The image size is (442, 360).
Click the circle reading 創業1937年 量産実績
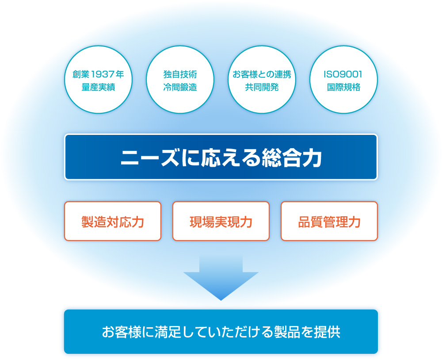coord(99,80)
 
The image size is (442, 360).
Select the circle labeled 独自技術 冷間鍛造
coord(180,80)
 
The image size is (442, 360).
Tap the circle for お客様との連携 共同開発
coord(262,80)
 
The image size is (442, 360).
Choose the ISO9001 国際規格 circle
coord(343,80)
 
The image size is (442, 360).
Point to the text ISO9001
coord(343,74)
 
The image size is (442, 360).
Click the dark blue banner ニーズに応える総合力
coord(221,157)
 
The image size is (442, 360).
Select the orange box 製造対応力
coord(113,221)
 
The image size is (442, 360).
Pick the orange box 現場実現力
coord(221,221)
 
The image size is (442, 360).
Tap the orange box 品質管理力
coord(329,221)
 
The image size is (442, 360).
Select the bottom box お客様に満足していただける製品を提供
coord(221,332)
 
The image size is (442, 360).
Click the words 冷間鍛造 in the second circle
coord(180,87)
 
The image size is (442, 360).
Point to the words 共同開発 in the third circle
coord(262,87)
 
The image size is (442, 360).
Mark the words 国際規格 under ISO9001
coord(343,87)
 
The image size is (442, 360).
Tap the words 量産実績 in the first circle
coord(99,87)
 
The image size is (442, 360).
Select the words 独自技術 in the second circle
coord(180,74)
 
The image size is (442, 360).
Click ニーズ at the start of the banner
coord(149,157)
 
